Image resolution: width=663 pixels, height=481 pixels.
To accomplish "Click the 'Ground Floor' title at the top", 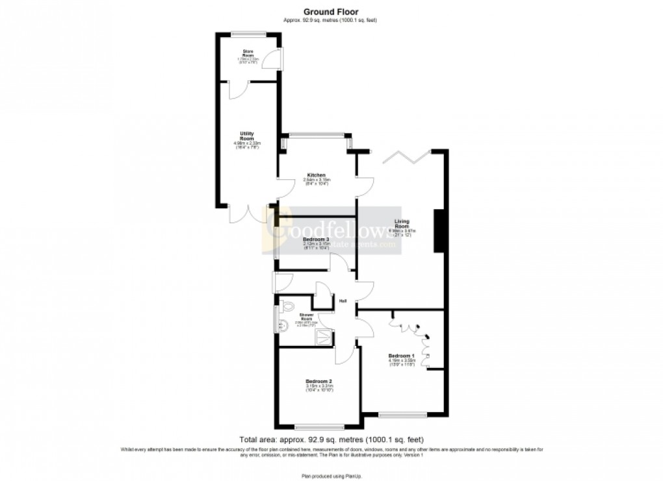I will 330,11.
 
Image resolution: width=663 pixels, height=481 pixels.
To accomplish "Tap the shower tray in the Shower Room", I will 323,336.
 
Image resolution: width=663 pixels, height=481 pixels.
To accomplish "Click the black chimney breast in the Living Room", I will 437,230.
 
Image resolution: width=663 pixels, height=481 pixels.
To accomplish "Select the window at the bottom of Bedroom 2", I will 319,426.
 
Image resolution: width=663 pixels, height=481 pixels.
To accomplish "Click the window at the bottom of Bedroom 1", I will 402,414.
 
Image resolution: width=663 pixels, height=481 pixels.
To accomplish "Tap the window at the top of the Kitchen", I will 317,135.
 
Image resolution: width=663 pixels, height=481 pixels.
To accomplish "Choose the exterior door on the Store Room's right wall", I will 278,58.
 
